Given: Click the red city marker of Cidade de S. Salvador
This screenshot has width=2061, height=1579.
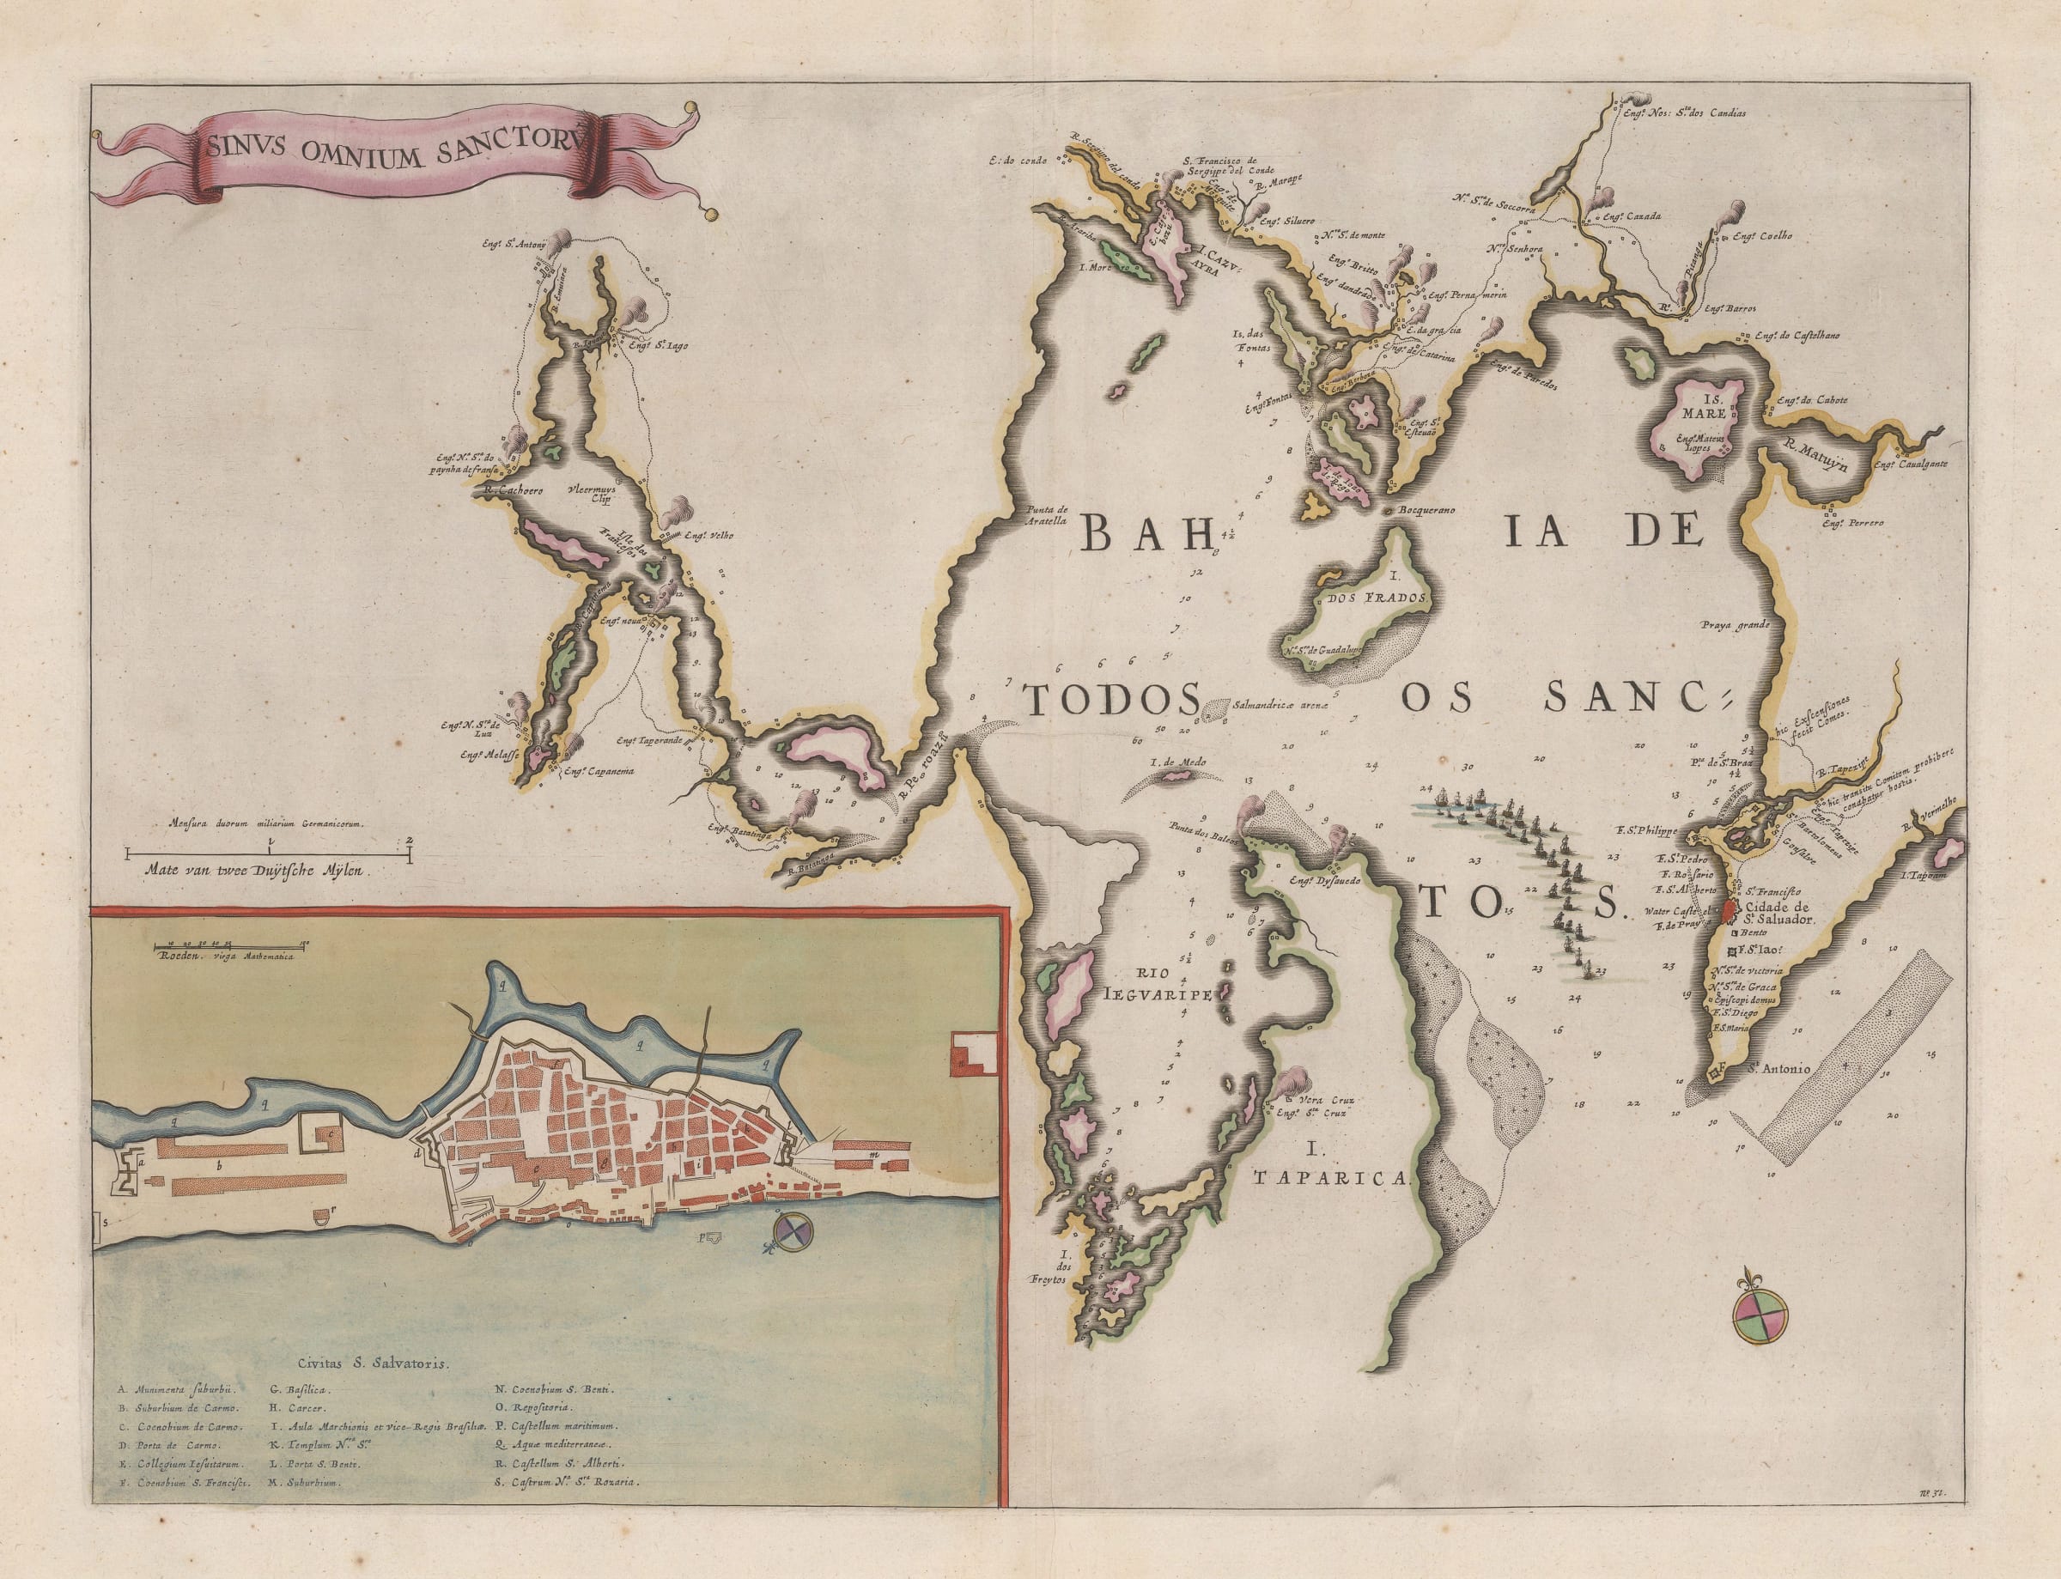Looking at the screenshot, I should click(1732, 911).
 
